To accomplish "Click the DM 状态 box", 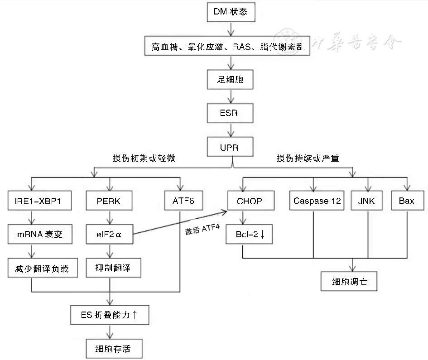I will coord(231,12).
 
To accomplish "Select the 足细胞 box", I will coord(231,80).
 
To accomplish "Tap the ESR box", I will coord(231,113).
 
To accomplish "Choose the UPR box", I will coord(231,147).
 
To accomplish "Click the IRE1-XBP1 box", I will coord(41,201).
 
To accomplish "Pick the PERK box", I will coord(109,201).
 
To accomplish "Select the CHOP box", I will coord(250,201).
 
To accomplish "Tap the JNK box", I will coord(366,201).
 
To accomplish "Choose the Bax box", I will coord(406,201).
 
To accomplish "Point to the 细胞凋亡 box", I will coord(349,281).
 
